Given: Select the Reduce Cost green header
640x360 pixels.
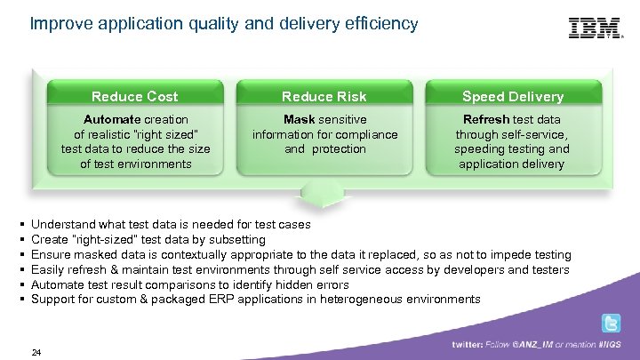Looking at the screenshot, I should [134, 96].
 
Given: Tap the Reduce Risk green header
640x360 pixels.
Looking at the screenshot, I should [324, 96].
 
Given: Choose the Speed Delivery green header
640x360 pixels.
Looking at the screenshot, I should [513, 96].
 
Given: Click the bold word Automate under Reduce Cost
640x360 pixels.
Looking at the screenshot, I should [111, 119].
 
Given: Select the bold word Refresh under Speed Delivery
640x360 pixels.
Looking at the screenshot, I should [486, 119].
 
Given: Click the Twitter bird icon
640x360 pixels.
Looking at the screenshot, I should [611, 324].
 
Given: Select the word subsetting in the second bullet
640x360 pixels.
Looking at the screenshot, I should [236, 240].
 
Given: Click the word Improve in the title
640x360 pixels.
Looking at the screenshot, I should [58, 24].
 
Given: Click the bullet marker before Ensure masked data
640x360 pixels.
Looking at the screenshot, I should [20, 255].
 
